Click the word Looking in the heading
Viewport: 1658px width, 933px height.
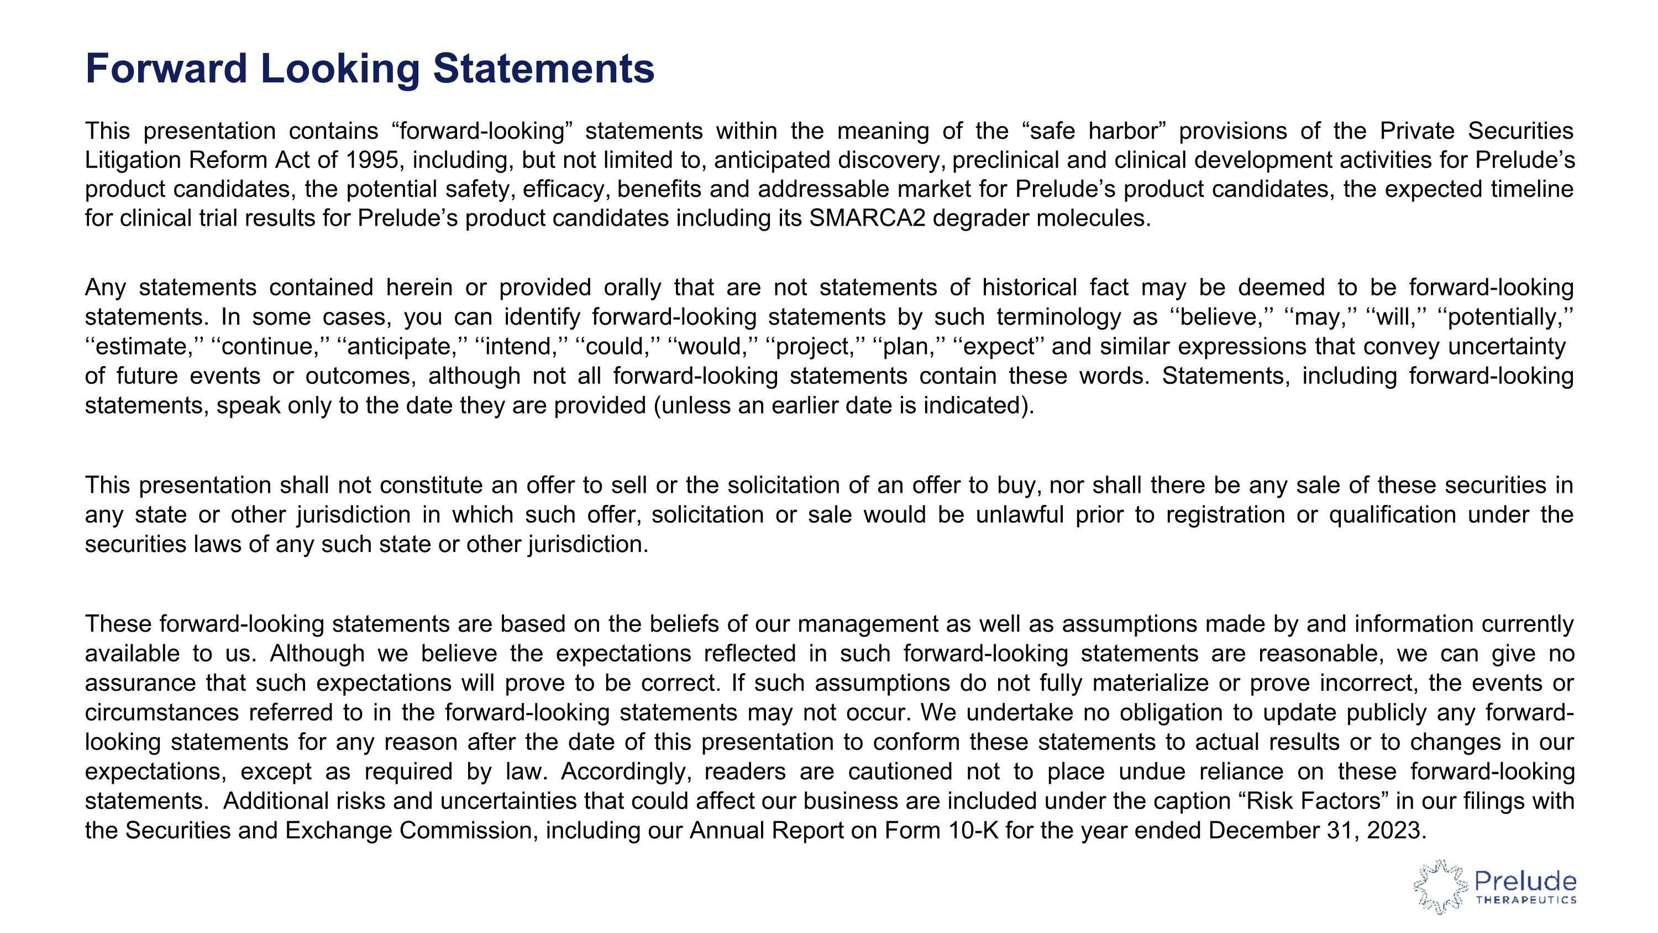(340, 68)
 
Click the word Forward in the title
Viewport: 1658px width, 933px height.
(166, 68)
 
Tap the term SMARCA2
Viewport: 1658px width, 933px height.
(867, 218)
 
